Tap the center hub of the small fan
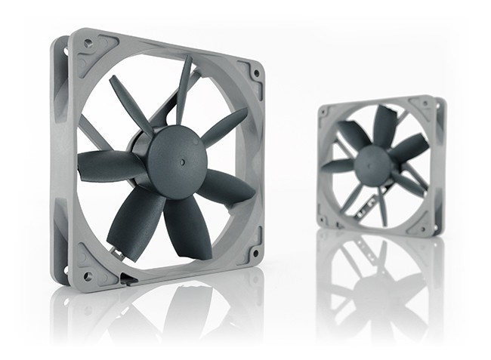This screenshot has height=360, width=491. point(372,164)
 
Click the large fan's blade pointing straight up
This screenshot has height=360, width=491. point(184,87)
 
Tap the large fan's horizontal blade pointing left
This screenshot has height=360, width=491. point(106,165)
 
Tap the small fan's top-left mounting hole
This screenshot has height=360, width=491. point(324,112)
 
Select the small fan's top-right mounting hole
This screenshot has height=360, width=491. point(430,105)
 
